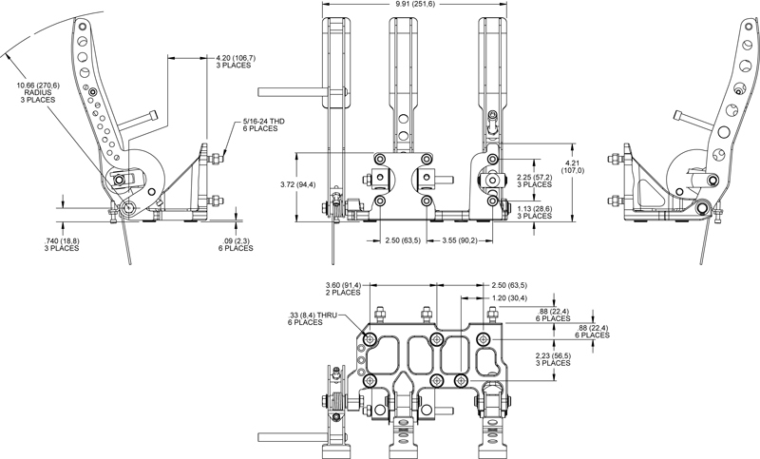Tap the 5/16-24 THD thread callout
pos(263,122)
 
